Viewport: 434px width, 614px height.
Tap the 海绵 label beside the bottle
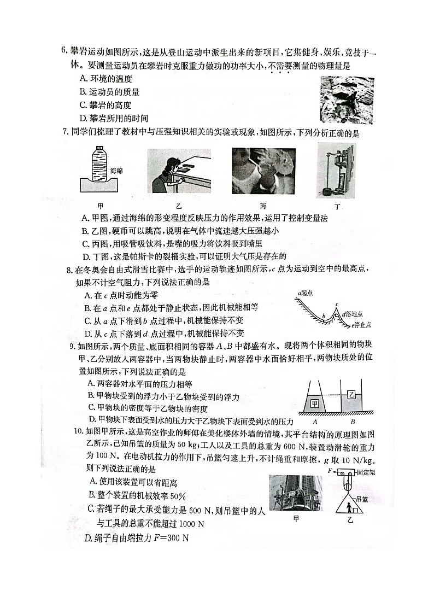click(117, 171)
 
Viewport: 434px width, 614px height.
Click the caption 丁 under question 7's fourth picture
click(337, 207)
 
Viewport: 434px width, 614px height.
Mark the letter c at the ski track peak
click(337, 305)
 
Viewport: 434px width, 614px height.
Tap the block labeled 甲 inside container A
click(314, 404)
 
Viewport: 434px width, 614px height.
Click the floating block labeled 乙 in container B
click(351, 394)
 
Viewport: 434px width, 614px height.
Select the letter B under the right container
click(353, 421)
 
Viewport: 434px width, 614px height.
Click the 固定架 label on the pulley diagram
click(364, 471)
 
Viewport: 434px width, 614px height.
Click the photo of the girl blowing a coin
click(179, 172)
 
